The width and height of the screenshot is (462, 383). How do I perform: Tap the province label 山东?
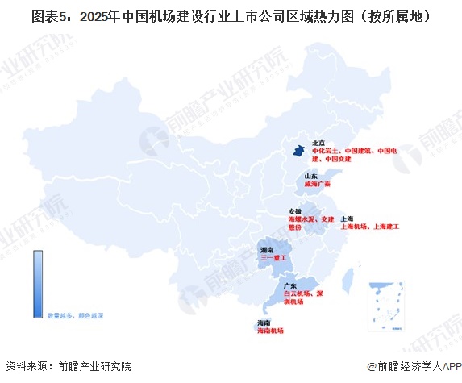tap(311, 176)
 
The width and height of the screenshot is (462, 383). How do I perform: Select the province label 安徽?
tap(296, 210)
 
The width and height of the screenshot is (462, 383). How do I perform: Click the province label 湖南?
tap(267, 251)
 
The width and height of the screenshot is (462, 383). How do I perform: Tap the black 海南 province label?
tap(262, 323)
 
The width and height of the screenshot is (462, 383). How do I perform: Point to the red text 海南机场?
tap(270, 331)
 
